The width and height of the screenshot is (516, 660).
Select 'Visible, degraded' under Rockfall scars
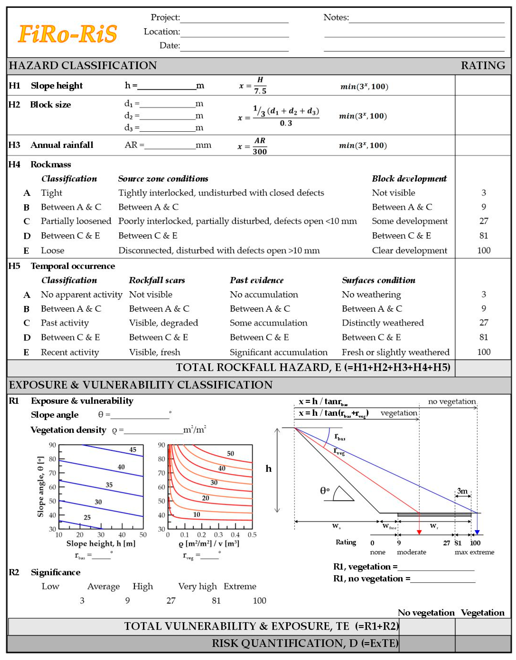tap(163, 323)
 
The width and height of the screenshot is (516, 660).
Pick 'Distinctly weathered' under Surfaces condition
tap(383, 323)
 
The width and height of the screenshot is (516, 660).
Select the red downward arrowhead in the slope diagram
tap(419, 532)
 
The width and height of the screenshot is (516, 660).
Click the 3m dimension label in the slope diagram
tap(462, 491)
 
